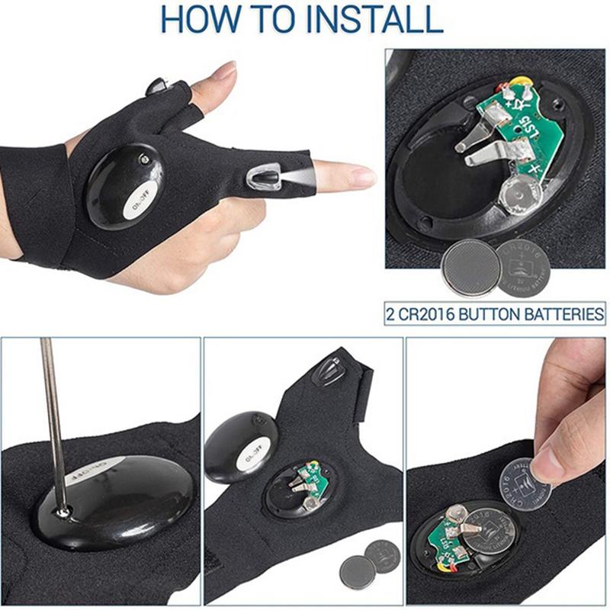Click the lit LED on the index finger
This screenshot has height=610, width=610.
(263, 178)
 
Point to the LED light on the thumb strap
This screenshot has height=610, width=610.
(158, 85)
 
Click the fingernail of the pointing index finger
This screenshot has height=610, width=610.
(362, 177)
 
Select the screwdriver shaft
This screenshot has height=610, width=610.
(52, 412)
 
